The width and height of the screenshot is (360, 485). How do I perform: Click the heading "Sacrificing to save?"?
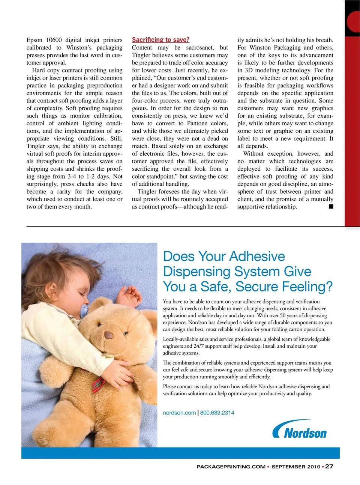(160, 40)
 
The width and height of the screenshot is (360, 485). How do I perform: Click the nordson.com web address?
(179, 413)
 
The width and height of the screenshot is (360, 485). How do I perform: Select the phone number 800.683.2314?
(217, 413)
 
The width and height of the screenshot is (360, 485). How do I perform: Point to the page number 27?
(329, 466)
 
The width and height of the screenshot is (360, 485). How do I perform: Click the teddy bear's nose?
(109, 335)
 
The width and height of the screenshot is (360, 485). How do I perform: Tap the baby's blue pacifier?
(84, 311)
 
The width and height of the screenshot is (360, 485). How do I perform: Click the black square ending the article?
(331, 206)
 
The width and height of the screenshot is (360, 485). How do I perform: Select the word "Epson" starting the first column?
(34, 40)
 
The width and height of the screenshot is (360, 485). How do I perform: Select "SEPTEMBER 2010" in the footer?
(296, 467)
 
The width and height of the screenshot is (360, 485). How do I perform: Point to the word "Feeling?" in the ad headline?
(307, 287)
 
